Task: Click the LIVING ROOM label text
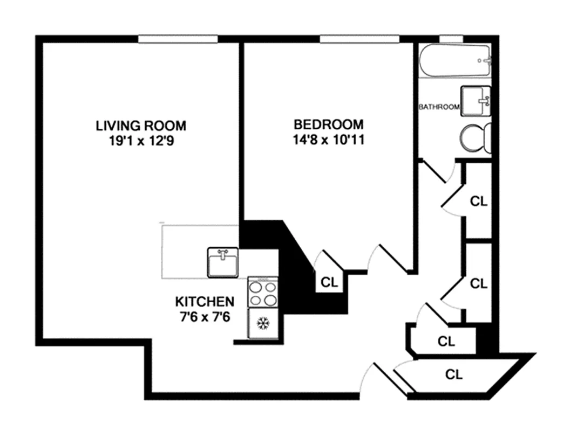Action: coord(141,126)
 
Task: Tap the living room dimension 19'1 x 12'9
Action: coord(141,141)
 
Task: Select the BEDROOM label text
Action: coord(329,124)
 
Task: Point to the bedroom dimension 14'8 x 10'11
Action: coord(329,140)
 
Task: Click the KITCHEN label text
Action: coord(205,302)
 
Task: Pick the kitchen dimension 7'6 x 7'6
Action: coord(205,316)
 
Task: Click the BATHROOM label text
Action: coord(439,107)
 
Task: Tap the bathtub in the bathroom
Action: coord(455,61)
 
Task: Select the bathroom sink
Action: coord(476,101)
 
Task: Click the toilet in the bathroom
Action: coord(476,138)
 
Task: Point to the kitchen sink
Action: coord(222,262)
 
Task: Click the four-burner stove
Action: coord(263,292)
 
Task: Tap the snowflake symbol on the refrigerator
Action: coord(263,323)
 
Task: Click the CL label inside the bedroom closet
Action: coord(329,282)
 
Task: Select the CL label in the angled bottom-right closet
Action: coord(454,374)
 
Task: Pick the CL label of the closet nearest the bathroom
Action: coord(479,201)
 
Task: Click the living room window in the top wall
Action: coord(178,39)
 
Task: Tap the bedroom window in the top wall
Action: coord(359,39)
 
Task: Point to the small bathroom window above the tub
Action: coord(451,39)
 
